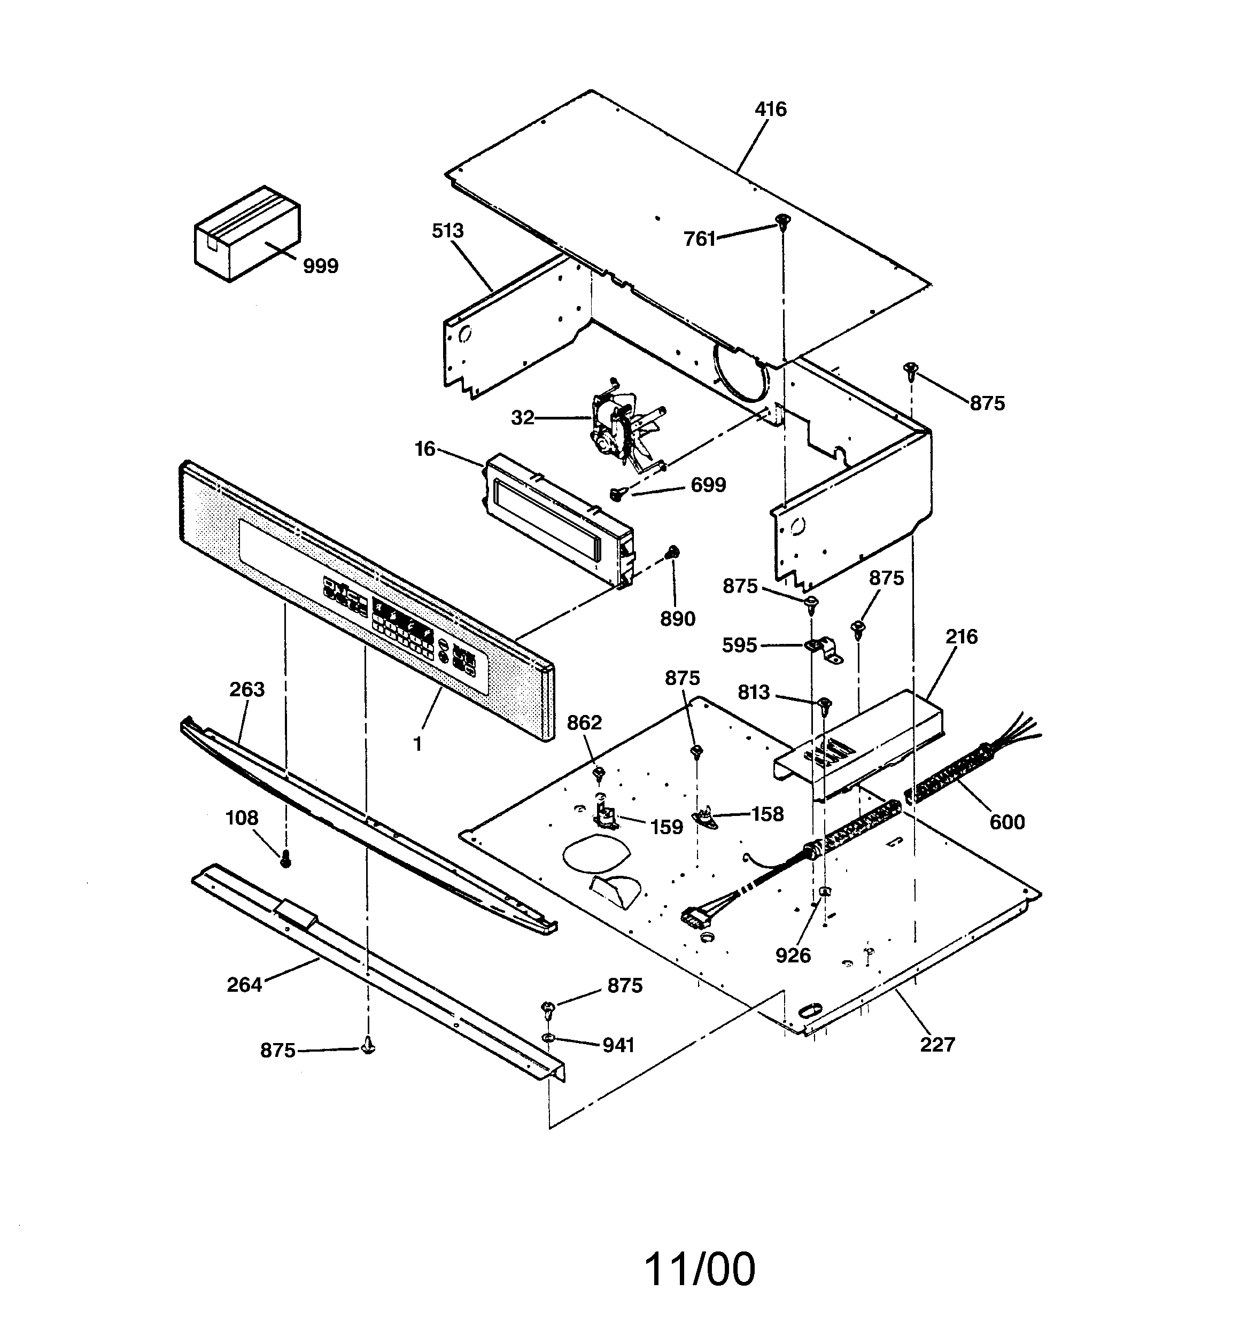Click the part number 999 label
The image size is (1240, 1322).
coord(320,266)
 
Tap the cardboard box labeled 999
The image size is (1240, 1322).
coord(247,234)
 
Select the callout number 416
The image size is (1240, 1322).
coord(770,109)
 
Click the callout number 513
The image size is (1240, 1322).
coord(447,231)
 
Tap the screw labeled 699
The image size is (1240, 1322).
coord(617,493)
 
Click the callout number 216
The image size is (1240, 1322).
coord(961,637)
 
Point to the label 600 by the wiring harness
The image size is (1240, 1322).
coord(1006,822)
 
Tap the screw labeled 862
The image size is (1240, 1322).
coord(599,772)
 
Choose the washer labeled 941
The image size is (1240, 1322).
coord(549,1038)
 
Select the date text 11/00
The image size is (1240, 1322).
coord(700,1269)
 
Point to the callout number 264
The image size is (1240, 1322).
coord(244,984)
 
